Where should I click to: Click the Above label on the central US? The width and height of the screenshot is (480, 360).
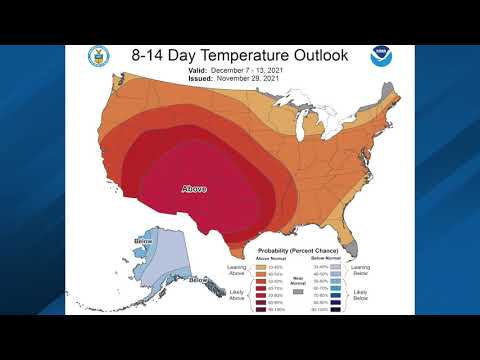193,187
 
